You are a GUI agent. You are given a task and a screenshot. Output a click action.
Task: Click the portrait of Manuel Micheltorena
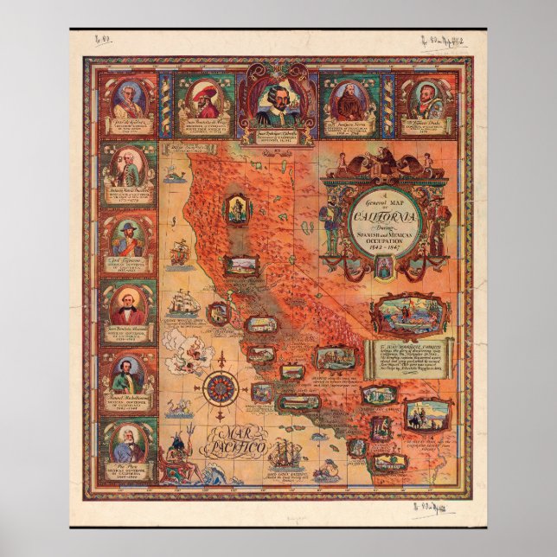(x=128, y=375)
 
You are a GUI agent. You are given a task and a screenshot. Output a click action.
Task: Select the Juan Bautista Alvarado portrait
(x=128, y=305)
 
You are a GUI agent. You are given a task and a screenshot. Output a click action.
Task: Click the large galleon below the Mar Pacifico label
(x=283, y=453)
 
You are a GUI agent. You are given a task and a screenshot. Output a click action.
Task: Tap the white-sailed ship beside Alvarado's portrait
(x=182, y=303)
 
